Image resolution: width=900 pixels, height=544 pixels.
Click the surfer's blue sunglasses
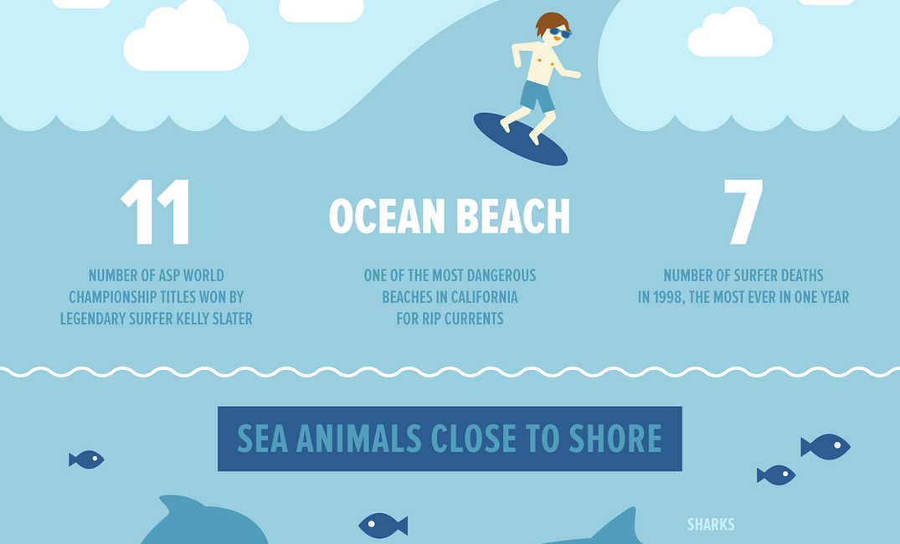pos(558,33)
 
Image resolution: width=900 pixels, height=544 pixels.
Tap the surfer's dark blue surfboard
pos(520,139)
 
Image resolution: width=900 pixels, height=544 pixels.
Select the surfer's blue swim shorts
pos(536,95)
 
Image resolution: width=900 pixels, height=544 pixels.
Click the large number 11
pos(156,212)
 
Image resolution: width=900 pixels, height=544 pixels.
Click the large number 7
pos(743,212)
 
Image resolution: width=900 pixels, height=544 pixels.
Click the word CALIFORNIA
pos(483,297)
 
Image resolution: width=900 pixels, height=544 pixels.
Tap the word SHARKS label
pos(711,525)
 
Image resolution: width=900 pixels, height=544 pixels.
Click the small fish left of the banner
pos(86,459)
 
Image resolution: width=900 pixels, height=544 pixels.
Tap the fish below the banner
pos(383,526)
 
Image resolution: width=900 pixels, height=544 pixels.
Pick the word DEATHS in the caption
pos(795,275)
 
